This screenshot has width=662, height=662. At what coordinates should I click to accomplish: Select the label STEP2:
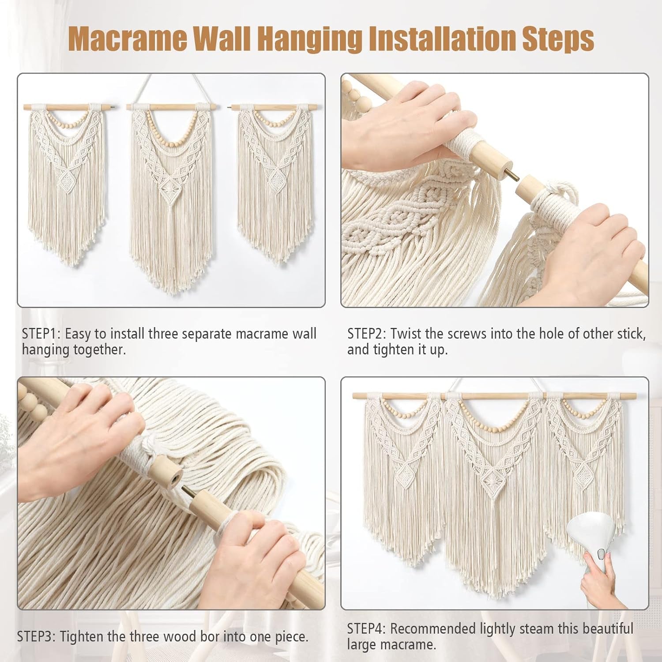point(367,334)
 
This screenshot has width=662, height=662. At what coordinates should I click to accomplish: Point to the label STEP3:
point(36,636)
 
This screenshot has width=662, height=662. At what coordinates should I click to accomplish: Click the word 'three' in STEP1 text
point(163,334)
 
